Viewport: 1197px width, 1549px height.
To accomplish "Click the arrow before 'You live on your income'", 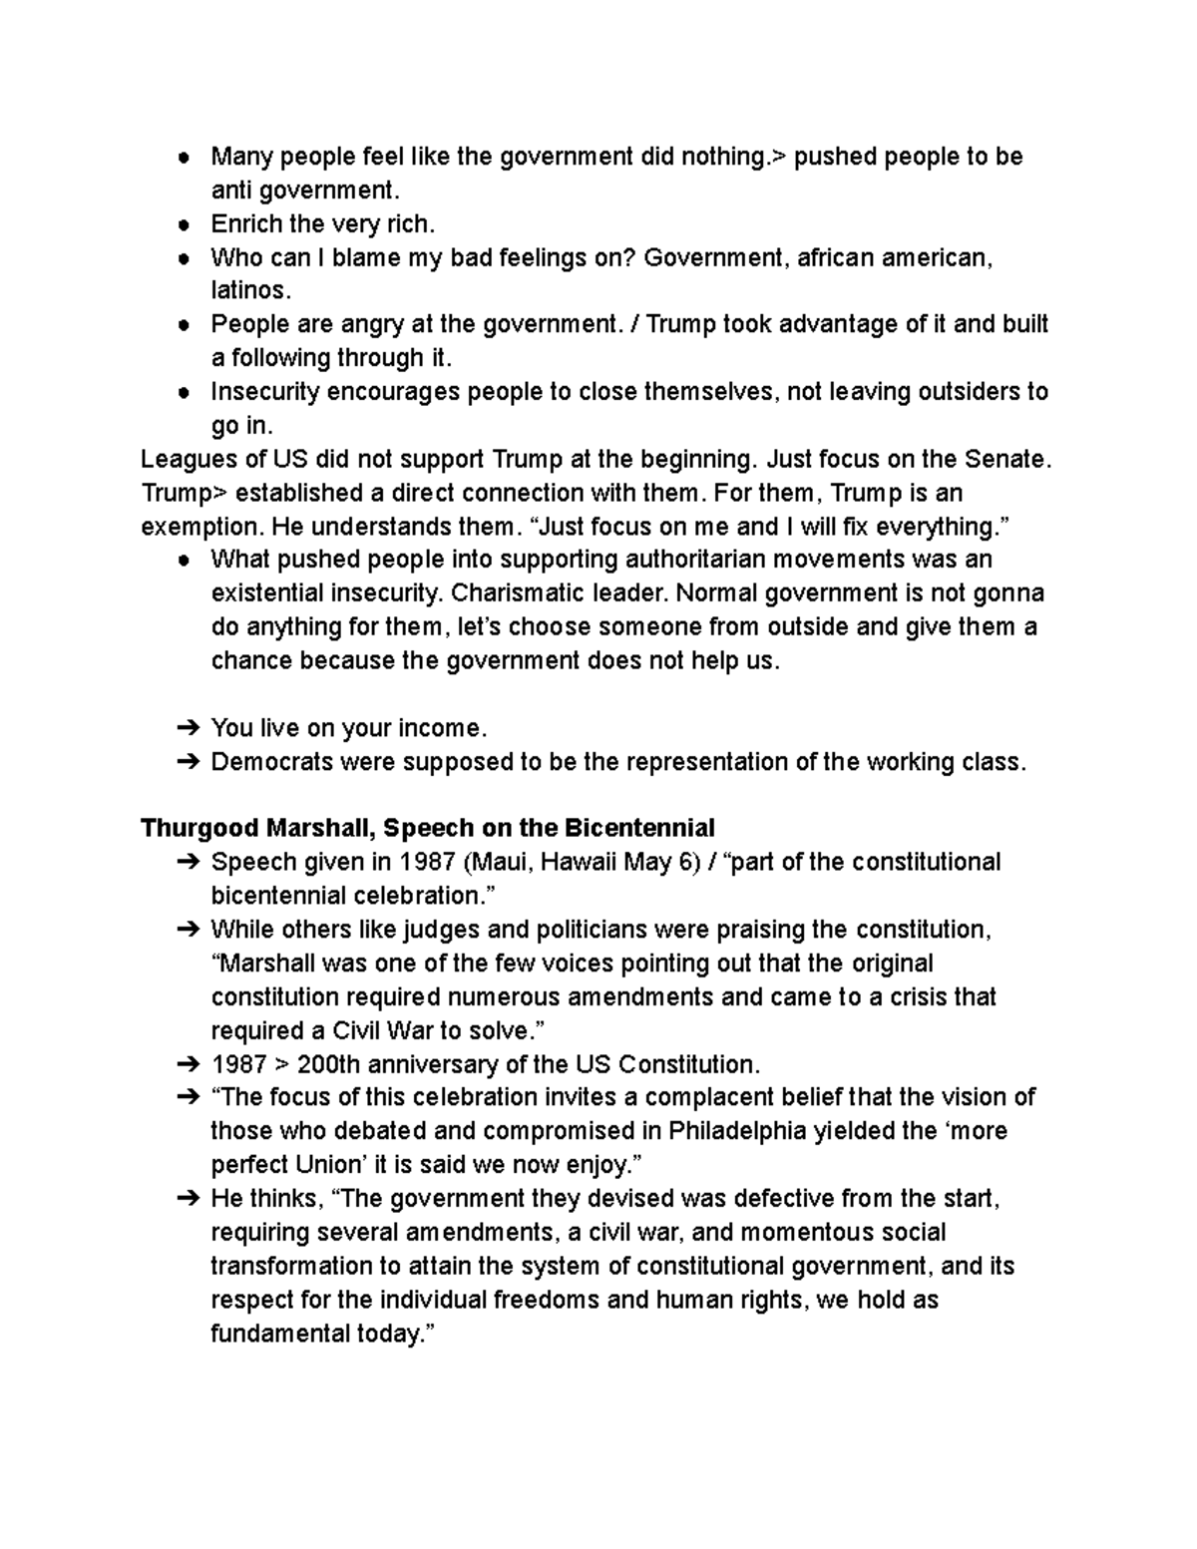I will coord(188,728).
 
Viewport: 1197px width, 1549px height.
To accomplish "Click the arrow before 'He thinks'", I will coord(188,1199).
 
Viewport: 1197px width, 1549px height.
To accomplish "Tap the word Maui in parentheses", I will coord(497,862).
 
